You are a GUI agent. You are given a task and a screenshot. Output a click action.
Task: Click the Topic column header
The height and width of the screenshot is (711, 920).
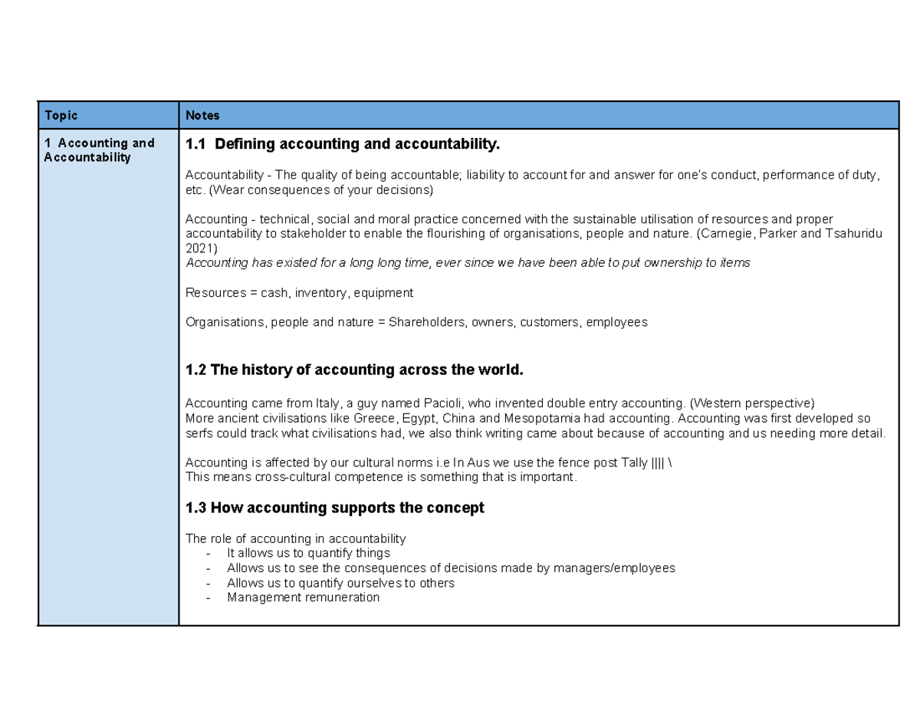point(61,116)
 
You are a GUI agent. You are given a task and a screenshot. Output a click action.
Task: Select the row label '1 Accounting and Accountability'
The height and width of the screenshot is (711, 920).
point(99,150)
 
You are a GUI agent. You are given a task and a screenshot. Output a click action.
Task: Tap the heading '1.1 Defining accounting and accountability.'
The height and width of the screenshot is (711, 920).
point(342,144)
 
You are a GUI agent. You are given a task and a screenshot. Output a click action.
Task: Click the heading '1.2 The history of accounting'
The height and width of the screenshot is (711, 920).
point(354,370)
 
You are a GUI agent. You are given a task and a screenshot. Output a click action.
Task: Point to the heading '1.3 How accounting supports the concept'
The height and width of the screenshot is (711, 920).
point(335,508)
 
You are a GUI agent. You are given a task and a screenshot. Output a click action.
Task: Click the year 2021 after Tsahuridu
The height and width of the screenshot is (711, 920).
point(202,249)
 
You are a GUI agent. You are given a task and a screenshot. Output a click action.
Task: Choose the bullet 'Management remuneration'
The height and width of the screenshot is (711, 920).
point(303,597)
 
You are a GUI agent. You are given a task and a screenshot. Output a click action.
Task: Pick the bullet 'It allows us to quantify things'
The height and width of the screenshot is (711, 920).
point(308,553)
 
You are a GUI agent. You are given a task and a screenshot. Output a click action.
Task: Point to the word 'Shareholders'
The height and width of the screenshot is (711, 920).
point(425,322)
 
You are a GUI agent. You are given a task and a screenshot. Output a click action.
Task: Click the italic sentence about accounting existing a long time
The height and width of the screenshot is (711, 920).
point(468,263)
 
